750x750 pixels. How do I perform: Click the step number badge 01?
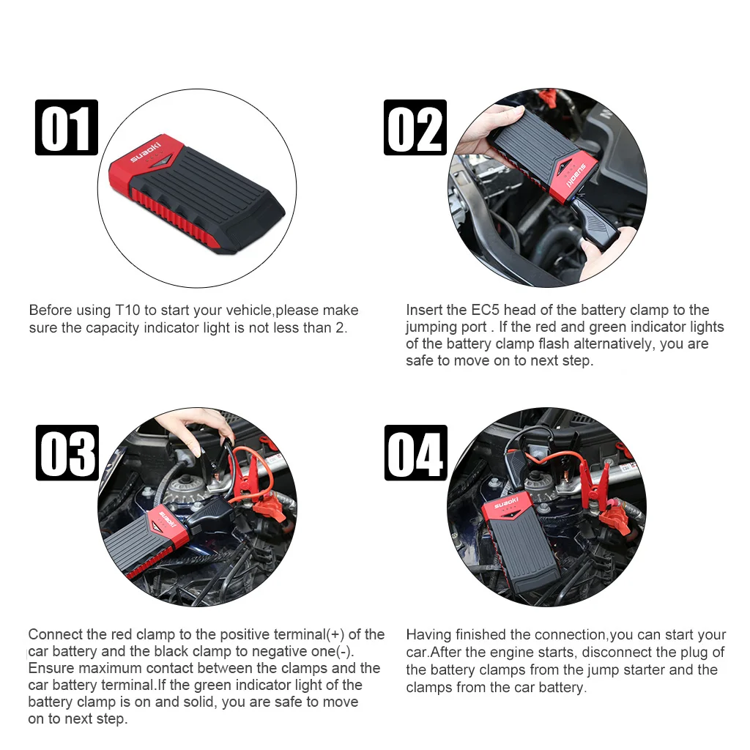point(67,127)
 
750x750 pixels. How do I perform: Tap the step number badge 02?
point(415,127)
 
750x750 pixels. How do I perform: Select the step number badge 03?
point(67,453)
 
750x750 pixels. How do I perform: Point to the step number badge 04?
point(416,453)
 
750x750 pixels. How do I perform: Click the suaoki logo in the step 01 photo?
point(146,152)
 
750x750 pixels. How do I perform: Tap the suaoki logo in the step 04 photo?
point(506,503)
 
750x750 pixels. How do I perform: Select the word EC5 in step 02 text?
point(485,310)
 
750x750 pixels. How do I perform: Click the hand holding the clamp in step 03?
point(196,428)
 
